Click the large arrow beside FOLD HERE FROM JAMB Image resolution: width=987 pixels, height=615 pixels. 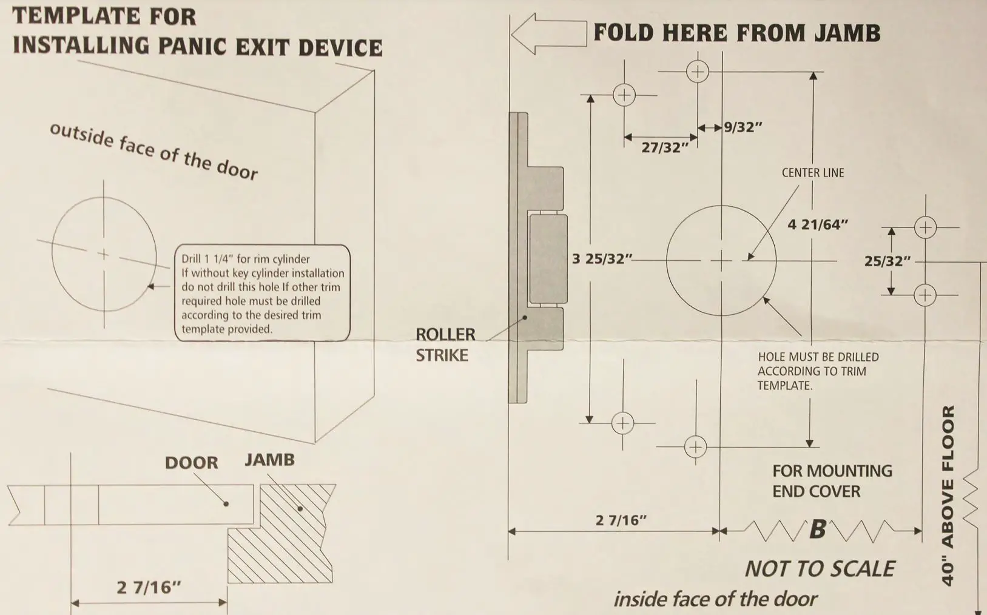(x=548, y=33)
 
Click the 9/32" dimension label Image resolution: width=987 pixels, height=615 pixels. (x=743, y=127)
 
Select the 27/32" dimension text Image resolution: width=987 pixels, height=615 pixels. (x=665, y=147)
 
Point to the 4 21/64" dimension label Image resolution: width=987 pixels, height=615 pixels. (x=817, y=225)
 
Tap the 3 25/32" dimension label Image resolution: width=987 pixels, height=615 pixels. (x=601, y=259)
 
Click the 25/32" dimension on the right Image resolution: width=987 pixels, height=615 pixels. (x=887, y=261)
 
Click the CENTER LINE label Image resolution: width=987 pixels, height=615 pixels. (x=812, y=173)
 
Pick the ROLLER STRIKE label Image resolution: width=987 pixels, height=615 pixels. (x=445, y=344)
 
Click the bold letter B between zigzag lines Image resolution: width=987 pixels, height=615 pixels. (x=817, y=529)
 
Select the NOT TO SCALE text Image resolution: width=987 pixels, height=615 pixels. (x=819, y=569)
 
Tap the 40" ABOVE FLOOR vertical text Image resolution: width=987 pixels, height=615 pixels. (x=948, y=495)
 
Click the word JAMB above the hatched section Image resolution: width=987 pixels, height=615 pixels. (x=269, y=460)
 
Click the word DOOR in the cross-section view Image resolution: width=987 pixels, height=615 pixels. (x=191, y=463)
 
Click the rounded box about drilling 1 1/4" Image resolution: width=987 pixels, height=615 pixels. (x=262, y=294)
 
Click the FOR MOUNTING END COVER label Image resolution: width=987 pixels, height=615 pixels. (x=831, y=481)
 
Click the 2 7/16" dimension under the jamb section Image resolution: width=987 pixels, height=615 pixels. (x=149, y=587)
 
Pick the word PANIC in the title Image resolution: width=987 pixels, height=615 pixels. (x=192, y=47)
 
